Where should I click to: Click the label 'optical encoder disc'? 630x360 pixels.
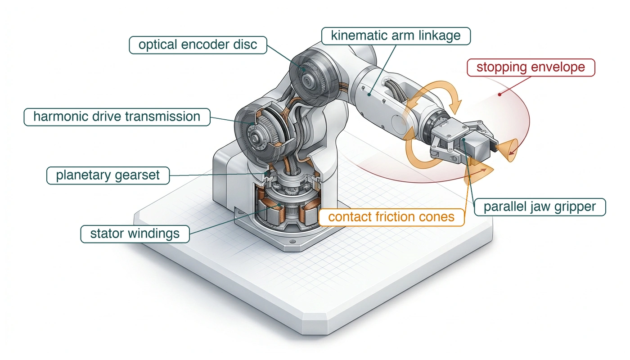198,45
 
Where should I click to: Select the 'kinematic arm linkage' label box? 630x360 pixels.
396,36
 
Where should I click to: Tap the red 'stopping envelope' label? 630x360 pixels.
531,67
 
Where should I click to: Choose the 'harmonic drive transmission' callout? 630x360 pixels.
117,117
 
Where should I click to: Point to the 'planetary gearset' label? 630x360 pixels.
108,175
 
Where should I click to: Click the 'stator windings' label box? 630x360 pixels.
135,234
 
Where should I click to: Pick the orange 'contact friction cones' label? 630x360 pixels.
391,217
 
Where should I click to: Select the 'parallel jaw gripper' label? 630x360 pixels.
540,207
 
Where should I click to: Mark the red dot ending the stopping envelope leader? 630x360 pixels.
499,94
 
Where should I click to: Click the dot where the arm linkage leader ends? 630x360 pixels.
369,95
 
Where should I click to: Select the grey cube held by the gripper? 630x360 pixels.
477,147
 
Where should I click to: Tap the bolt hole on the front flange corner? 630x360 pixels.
292,241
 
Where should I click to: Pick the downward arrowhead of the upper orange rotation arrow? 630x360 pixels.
455,108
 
